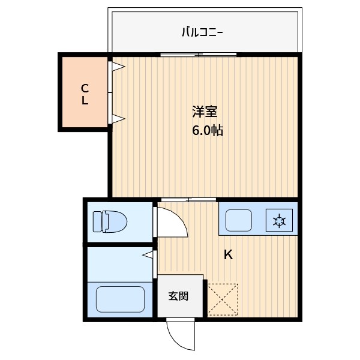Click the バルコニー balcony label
click(203, 32)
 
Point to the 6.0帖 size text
click(208, 131)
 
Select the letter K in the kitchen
click(228, 254)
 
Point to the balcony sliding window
click(198, 55)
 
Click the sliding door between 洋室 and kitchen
click(188, 199)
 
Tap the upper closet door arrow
click(117, 66)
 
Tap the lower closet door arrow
click(117, 118)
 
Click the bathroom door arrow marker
click(148, 256)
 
